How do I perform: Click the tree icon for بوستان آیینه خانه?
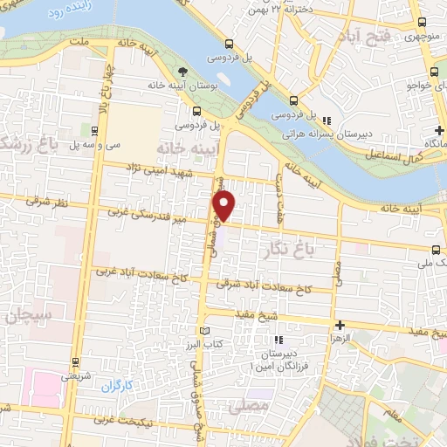coord(182,72)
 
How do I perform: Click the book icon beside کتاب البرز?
coord(206,331)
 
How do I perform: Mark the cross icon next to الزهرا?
coord(340,325)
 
